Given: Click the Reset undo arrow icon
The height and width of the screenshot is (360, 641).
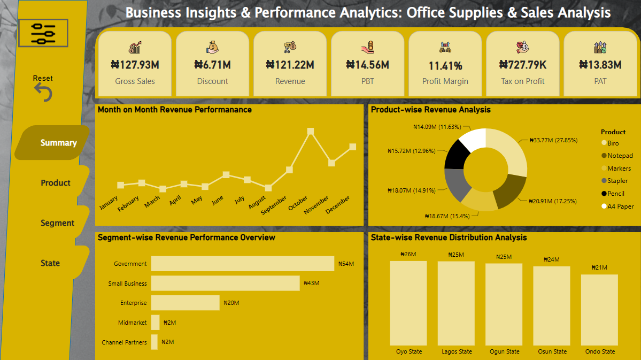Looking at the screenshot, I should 43,93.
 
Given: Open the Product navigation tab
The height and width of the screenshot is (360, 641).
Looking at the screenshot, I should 55,183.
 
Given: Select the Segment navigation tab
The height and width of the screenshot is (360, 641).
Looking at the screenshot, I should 57,223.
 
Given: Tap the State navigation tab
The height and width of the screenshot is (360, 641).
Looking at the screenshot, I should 50,263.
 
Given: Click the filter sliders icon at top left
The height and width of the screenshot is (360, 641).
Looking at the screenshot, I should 43,33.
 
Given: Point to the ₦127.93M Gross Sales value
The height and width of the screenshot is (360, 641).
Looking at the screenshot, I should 135,65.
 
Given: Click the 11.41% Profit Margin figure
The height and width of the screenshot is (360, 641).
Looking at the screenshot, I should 445,66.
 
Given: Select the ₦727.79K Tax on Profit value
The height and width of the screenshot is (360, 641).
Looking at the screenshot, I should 523,65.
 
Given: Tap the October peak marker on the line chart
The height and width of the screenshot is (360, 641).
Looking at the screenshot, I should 310,131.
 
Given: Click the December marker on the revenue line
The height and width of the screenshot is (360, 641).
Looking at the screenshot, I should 353,146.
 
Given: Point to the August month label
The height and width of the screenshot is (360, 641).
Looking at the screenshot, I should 257,204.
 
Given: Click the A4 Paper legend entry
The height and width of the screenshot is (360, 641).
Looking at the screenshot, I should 620,206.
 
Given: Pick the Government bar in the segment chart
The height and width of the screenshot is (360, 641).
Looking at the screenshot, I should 242,264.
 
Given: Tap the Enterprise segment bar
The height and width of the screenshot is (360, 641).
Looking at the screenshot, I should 185,303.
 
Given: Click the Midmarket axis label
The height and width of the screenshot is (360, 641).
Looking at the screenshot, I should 132,323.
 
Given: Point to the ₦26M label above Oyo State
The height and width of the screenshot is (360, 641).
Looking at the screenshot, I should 408,254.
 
